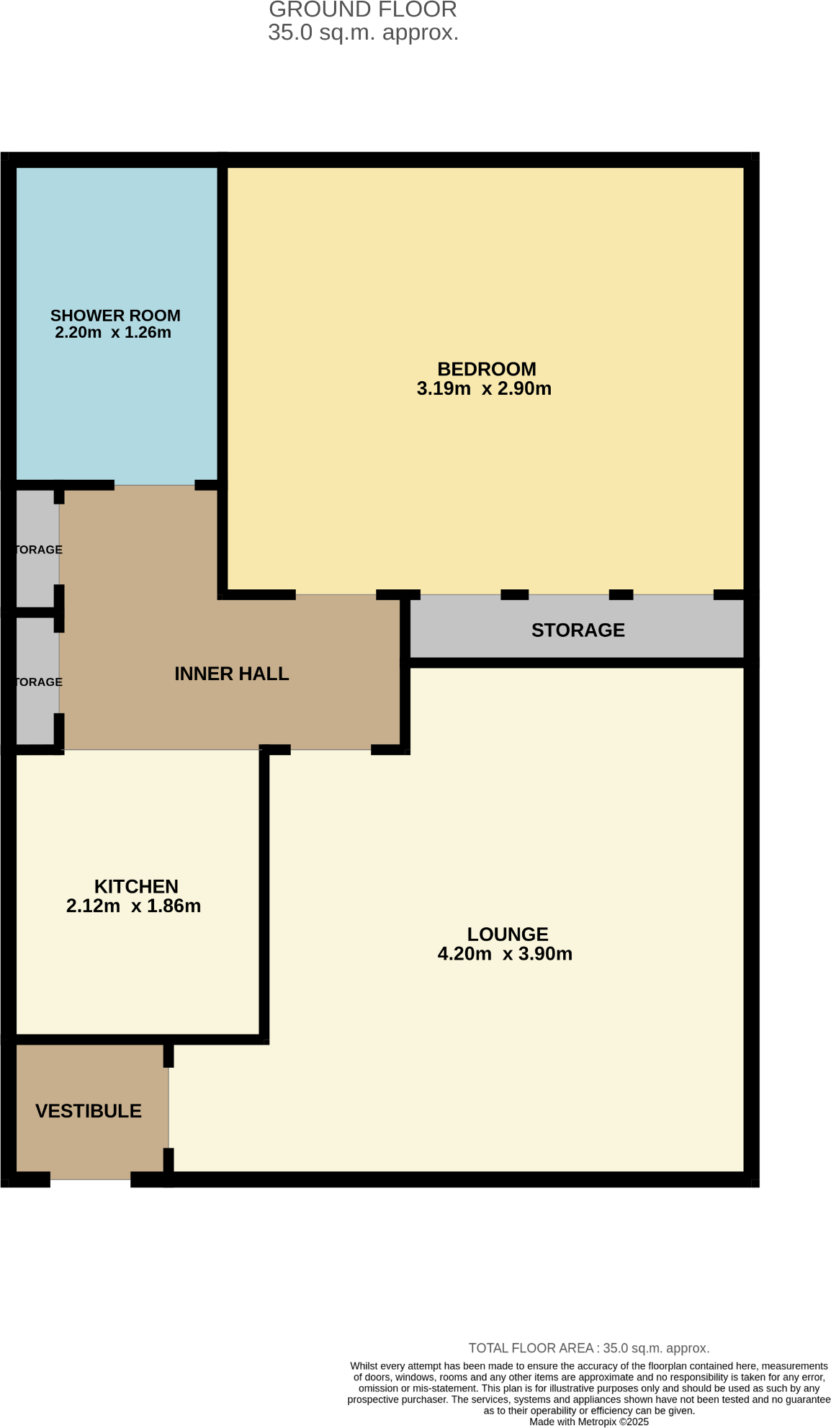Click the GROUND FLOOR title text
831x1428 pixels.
(362, 10)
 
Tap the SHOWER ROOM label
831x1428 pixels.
(115, 316)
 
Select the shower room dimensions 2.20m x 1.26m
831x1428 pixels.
(113, 333)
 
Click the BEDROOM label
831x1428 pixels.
(486, 369)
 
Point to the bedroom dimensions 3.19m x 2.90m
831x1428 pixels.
(484, 389)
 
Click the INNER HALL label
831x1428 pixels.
(231, 674)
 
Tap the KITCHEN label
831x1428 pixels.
(136, 886)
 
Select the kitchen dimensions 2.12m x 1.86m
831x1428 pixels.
(133, 906)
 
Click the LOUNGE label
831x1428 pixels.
(508, 934)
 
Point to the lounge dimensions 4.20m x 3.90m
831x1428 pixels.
(505, 954)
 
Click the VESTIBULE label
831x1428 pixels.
(89, 1111)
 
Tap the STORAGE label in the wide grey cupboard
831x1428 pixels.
(578, 630)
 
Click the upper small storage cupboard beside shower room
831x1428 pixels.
(37, 549)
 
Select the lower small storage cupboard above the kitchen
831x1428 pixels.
(37, 682)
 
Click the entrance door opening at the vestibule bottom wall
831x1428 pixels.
(90, 1179)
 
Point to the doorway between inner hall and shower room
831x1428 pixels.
(154, 485)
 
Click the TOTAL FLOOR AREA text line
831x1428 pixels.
(588, 1348)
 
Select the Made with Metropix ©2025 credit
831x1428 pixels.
(588, 1422)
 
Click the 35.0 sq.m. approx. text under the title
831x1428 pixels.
(362, 33)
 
